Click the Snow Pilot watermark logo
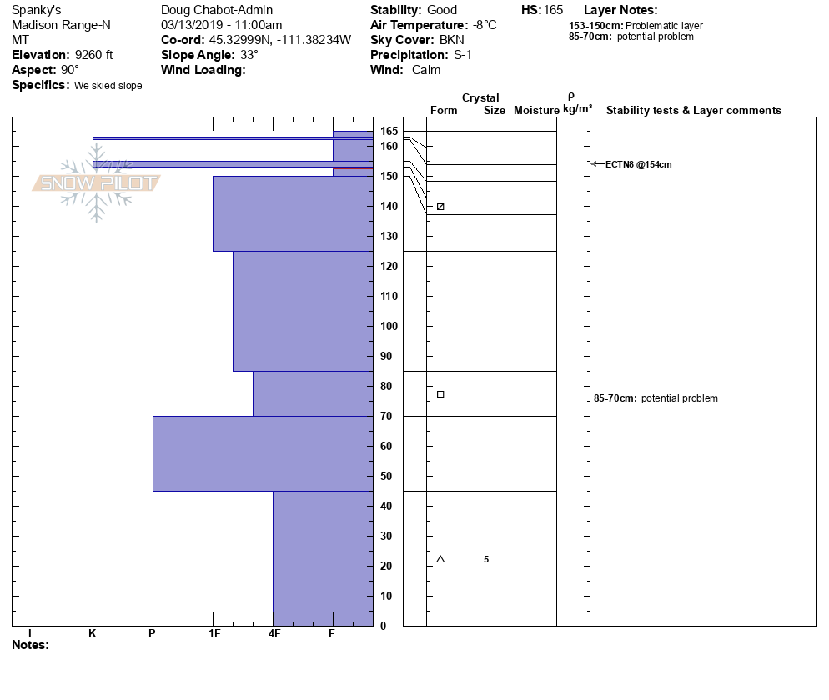(x=96, y=182)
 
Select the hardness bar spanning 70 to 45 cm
(x=263, y=453)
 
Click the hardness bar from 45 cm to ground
(x=323, y=558)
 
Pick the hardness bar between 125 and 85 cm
(x=303, y=311)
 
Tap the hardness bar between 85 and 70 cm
(x=313, y=393)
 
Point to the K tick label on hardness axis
(x=93, y=634)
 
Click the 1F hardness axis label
(x=214, y=634)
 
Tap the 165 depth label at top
(x=389, y=132)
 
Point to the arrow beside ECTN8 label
(x=595, y=164)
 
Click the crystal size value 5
(x=486, y=559)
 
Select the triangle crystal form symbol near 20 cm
(x=440, y=558)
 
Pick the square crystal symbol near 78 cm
(x=440, y=394)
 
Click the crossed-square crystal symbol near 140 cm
(x=440, y=207)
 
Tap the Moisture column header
(x=535, y=111)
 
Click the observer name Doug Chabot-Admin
(x=216, y=10)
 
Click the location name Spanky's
(x=36, y=10)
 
